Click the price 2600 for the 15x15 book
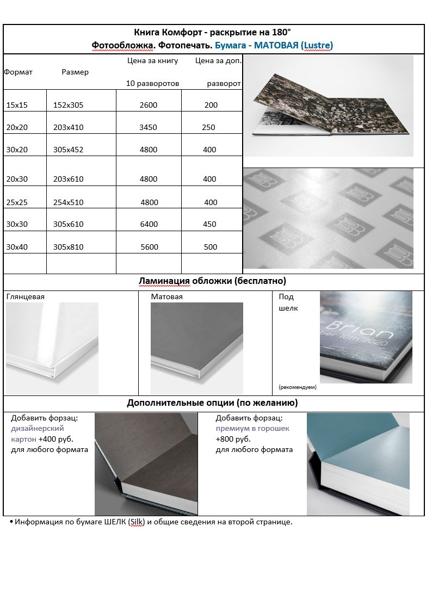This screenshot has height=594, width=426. [149, 105]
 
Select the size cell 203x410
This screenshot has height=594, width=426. [69, 127]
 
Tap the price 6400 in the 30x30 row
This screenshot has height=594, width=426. [149, 224]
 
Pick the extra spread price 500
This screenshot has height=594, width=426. [211, 247]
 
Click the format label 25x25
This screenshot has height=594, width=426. [17, 202]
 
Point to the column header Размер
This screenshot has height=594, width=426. [75, 72]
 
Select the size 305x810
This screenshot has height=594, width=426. [69, 247]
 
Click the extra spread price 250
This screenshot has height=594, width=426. [208, 127]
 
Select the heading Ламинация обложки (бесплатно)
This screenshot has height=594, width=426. [213, 281]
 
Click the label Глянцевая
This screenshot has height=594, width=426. [25, 297]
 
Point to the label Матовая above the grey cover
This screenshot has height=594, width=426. [166, 297]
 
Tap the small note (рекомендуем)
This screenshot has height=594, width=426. [297, 387]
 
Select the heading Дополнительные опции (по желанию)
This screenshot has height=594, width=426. [212, 403]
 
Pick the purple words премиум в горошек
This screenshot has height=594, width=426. [252, 429]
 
